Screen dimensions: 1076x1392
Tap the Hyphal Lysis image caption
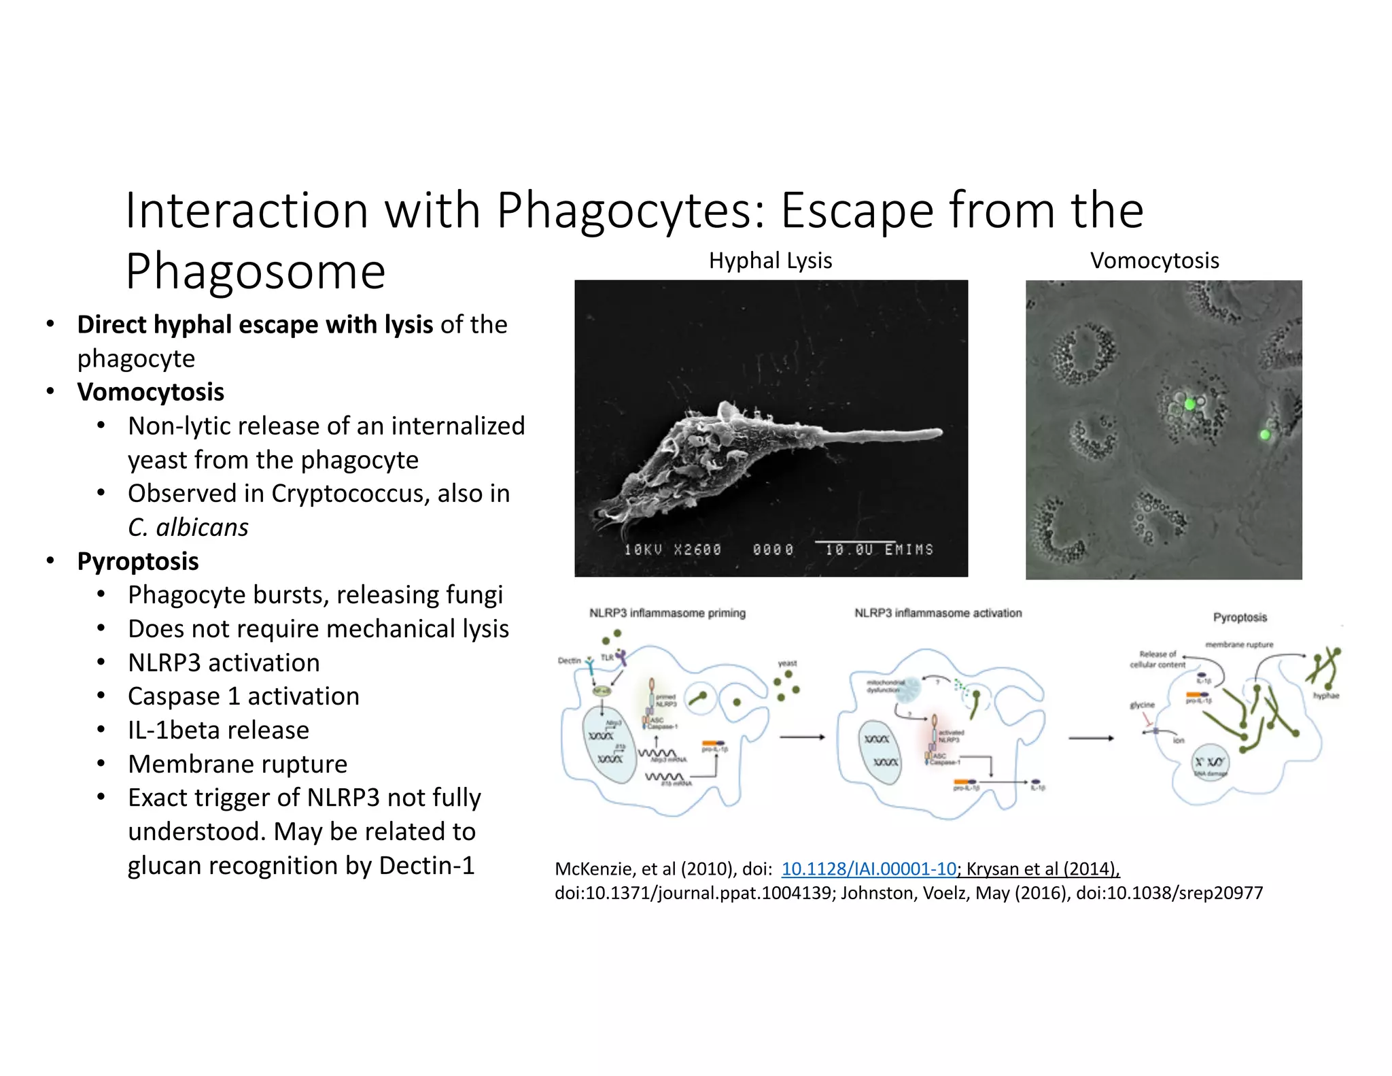[770, 260]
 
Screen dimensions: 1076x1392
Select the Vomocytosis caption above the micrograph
[1154, 260]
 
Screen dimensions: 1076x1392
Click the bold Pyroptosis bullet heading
[138, 561]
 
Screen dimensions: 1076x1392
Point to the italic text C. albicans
[188, 527]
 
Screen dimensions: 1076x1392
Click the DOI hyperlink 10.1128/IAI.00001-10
[869, 869]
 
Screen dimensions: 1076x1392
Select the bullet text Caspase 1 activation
[243, 696]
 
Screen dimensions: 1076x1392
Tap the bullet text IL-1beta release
[218, 730]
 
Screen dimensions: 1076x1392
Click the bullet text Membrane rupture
[237, 764]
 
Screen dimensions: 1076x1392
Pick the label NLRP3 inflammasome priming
[667, 613]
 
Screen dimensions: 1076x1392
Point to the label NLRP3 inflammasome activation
[937, 613]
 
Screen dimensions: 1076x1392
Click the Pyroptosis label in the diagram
[1240, 617]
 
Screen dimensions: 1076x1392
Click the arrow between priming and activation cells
[802, 737]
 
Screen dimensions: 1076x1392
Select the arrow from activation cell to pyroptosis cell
[1091, 738]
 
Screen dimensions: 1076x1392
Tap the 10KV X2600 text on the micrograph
[672, 550]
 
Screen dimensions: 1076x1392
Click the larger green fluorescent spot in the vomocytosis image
[1189, 404]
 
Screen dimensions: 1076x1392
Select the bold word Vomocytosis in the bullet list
[150, 392]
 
